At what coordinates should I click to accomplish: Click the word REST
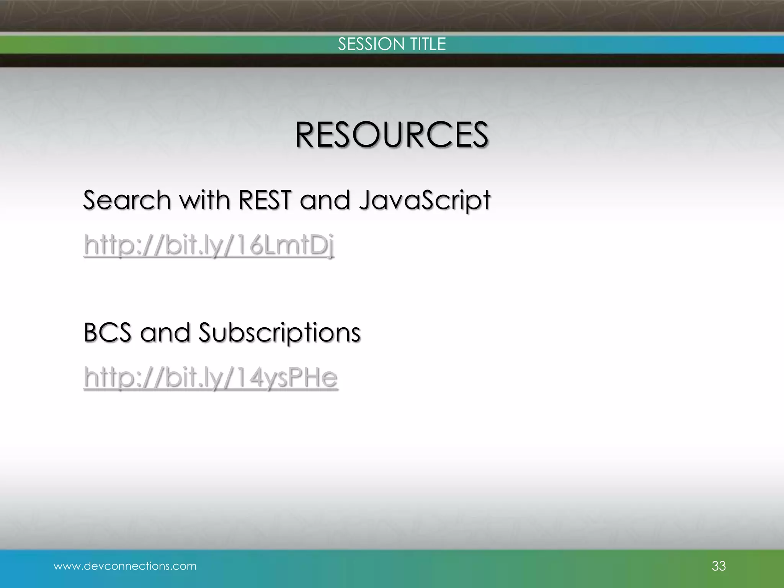(265, 200)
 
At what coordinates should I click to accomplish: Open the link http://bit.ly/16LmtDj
(209, 245)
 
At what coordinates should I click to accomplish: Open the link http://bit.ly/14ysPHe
(211, 377)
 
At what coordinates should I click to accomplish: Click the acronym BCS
(107, 332)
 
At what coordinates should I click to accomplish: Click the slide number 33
(719, 566)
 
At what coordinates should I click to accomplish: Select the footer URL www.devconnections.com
(125, 566)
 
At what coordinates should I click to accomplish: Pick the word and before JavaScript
(325, 200)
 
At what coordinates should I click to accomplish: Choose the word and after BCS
(165, 332)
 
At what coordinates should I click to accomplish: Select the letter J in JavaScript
(365, 200)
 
